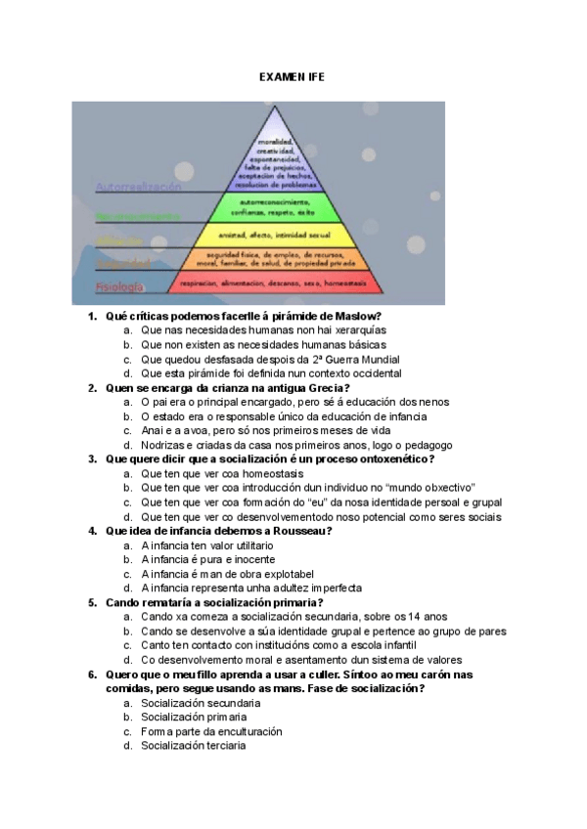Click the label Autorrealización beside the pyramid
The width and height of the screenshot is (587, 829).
(x=138, y=185)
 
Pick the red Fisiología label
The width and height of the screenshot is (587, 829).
(x=118, y=287)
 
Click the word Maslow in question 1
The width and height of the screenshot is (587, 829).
(x=358, y=317)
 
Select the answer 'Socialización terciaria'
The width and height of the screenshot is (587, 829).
(x=193, y=746)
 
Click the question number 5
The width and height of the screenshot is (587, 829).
(x=92, y=603)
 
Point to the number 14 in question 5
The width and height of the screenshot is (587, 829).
(x=417, y=617)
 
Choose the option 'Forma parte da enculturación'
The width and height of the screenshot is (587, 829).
(x=211, y=731)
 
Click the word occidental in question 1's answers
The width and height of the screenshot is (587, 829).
(x=375, y=373)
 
